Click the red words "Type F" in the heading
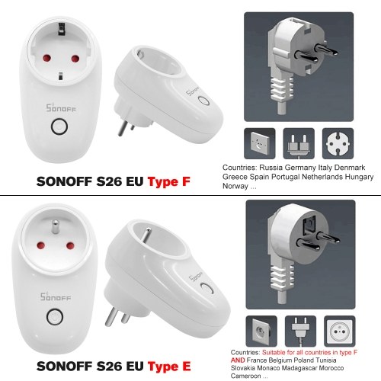coord(169,181)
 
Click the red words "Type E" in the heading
coord(169,367)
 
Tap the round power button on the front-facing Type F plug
coord(59,126)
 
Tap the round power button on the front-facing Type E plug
coord(55,317)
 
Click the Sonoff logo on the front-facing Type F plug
coord(61,108)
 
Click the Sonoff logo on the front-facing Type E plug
coord(56,297)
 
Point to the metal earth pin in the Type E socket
coord(55,226)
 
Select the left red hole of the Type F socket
coord(46,58)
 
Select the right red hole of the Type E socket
coord(70,245)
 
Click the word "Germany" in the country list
coord(300,168)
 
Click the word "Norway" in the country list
coord(235,186)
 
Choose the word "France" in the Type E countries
coord(257,360)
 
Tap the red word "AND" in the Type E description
coord(238,360)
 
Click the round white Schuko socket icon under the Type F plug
coord(338,143)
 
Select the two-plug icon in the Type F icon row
coord(299,143)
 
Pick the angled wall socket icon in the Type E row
coord(261,331)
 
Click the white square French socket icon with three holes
coord(340,331)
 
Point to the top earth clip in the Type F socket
coord(62,28)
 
